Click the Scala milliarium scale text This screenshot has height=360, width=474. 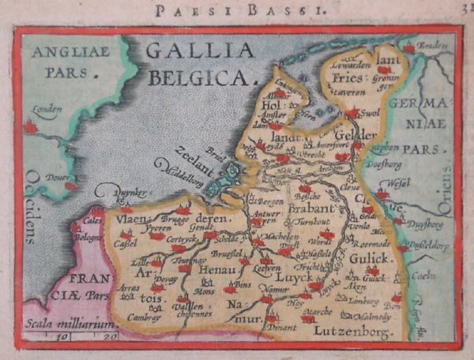pos(64,323)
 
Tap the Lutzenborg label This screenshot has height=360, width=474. pos(352,332)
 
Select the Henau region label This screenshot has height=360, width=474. pos(213,271)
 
